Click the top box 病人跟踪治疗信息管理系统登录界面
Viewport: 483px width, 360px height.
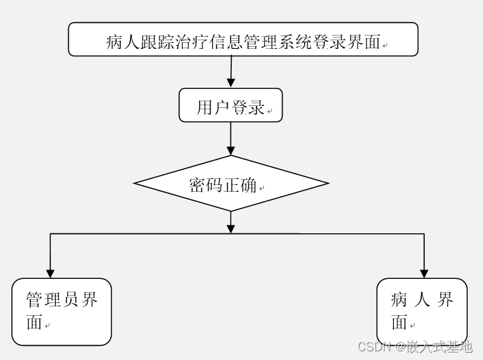(243, 40)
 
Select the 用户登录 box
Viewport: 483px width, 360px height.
(230, 105)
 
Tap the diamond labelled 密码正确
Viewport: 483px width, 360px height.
(230, 183)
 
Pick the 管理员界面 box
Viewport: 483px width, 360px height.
(62, 312)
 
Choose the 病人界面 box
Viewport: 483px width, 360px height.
(422, 312)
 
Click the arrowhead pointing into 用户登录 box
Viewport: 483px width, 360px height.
(230, 82)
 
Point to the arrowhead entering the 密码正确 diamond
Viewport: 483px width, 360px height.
(230, 150)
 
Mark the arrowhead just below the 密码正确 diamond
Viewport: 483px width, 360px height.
(230, 228)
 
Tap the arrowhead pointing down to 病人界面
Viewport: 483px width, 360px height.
(424, 273)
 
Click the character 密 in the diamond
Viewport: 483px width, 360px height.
(197, 186)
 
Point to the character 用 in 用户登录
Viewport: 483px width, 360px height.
(204, 107)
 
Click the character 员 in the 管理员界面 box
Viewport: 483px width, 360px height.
(70, 300)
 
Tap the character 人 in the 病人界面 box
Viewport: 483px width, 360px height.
(422, 300)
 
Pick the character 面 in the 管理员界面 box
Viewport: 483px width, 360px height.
(34, 322)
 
